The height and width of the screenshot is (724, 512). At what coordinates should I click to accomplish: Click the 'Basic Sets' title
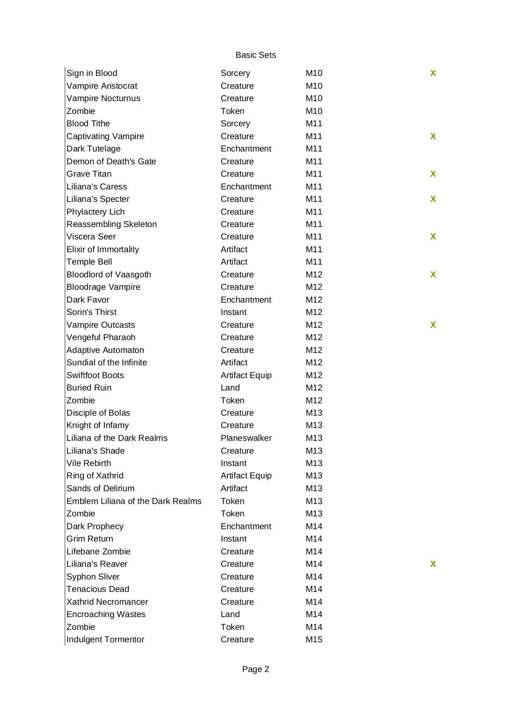255,55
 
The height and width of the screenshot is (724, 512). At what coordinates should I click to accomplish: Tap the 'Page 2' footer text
255,669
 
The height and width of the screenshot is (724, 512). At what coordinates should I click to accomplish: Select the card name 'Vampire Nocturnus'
103,98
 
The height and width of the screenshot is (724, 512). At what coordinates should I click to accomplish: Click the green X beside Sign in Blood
433,73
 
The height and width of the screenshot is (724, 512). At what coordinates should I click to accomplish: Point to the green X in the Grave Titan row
433,174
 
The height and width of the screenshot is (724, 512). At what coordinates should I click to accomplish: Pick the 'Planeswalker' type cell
246,438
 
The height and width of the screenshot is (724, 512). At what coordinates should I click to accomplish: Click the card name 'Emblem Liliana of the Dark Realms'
134,501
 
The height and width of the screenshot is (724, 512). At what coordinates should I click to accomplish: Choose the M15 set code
314,639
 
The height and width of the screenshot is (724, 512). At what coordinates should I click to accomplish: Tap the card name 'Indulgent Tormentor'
105,639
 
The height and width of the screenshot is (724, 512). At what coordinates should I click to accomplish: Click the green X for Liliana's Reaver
433,564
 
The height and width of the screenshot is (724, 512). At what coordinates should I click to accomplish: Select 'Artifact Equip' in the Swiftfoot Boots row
246,375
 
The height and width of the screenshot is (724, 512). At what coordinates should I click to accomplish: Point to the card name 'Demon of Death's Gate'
111,161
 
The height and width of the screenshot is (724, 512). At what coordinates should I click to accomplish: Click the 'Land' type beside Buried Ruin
230,388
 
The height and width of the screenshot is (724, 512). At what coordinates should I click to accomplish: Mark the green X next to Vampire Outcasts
433,325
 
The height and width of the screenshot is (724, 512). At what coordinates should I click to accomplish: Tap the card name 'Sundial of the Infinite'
106,362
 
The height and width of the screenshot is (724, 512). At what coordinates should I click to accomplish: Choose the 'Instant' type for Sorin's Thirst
234,312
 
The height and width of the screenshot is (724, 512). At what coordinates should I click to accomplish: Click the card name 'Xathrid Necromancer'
107,602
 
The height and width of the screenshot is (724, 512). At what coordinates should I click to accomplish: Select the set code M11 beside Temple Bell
314,262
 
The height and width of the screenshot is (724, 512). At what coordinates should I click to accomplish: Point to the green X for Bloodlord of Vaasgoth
433,274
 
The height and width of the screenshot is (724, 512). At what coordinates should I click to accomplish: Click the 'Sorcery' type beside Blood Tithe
235,123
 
